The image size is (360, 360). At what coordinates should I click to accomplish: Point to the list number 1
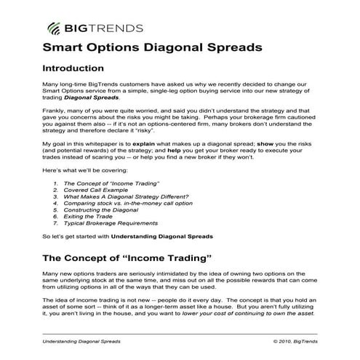click(55, 183)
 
